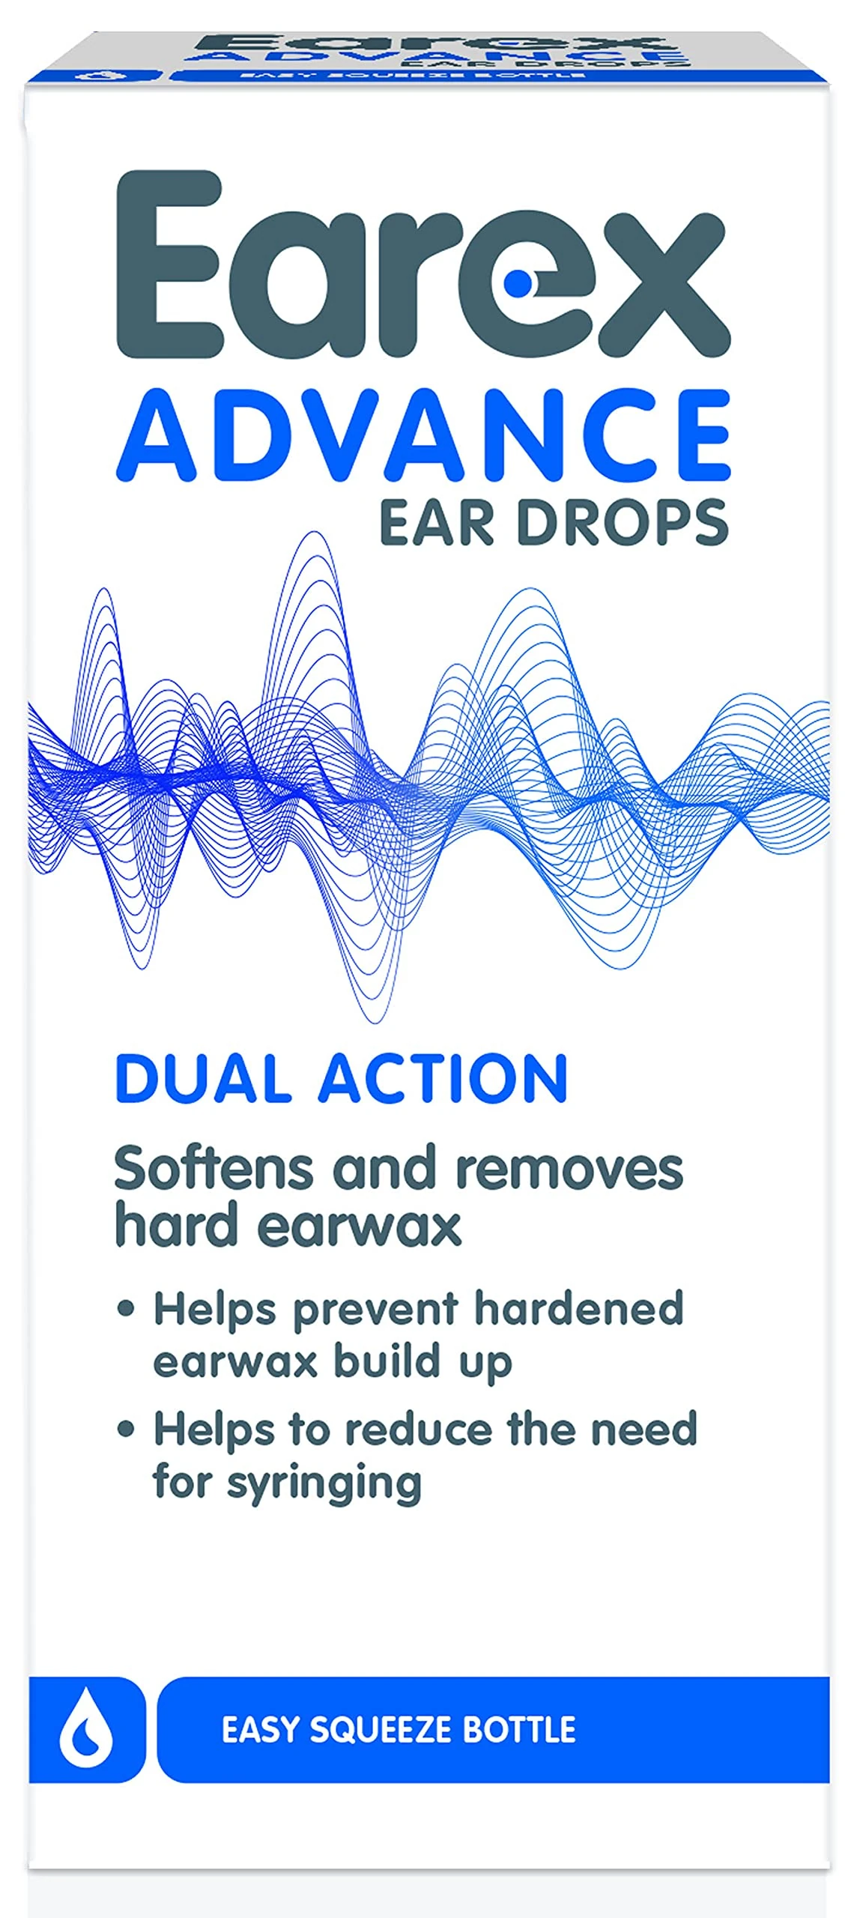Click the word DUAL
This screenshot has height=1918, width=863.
pos(203,1078)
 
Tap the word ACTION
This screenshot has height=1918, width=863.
pos(443,1078)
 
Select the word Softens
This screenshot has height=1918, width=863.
pos(216,1169)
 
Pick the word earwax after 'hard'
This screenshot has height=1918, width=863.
pos(366,1226)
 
